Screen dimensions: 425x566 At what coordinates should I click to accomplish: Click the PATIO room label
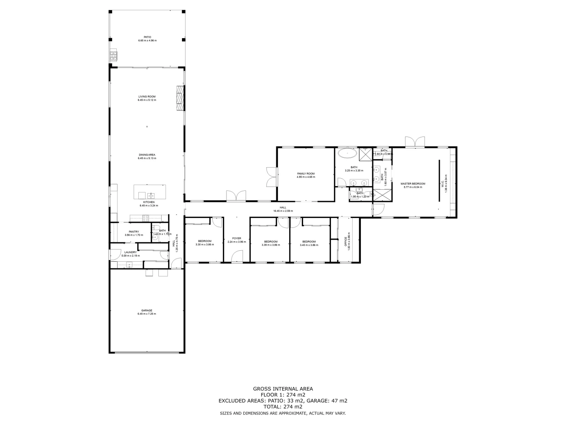[147, 37]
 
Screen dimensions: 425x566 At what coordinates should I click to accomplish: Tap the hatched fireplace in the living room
[180, 98]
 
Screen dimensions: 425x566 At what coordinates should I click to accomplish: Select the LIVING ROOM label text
[147, 96]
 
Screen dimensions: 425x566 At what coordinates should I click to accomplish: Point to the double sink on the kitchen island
[151, 195]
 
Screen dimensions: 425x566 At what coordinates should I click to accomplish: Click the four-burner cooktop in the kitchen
[145, 217]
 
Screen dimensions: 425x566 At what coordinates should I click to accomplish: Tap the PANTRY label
[134, 231]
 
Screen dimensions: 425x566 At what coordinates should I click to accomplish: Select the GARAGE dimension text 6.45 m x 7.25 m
[147, 314]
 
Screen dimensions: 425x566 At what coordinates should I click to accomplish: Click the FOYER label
[237, 238]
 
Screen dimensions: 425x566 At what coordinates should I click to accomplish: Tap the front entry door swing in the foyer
[237, 257]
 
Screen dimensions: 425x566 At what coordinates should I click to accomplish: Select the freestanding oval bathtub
[347, 153]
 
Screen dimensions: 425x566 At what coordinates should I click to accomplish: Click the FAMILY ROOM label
[306, 174]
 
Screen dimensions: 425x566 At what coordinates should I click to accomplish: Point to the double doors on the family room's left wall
[271, 177]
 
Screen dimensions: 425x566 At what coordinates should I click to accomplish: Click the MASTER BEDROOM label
[413, 184]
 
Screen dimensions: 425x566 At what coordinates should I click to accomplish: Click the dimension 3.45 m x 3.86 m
[309, 245]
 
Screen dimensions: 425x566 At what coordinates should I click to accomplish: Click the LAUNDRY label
[130, 252]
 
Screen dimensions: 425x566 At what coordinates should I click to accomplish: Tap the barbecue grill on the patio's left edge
[114, 56]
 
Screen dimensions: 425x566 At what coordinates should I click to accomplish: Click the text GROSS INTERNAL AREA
[283, 389]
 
